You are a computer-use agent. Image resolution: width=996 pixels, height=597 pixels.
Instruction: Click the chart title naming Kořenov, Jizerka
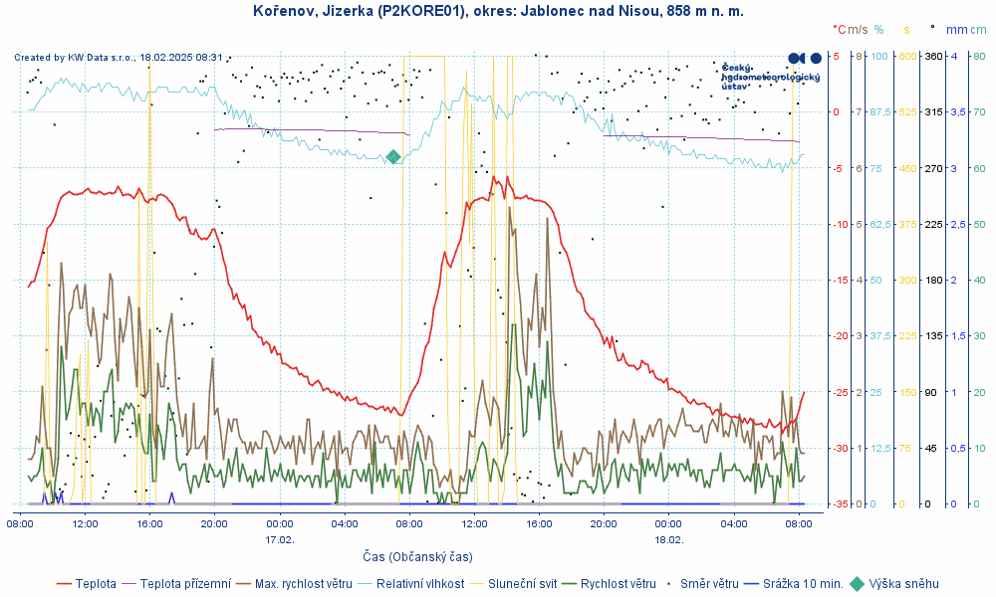498,11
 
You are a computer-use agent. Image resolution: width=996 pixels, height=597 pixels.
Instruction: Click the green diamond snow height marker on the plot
393,156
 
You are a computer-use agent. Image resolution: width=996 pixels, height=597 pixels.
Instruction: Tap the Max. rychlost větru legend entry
305,584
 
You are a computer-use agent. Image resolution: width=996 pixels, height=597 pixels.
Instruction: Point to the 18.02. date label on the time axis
668,539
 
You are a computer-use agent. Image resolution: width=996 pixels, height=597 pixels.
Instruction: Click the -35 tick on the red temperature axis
842,504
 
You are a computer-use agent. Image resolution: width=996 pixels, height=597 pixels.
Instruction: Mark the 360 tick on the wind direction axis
933,56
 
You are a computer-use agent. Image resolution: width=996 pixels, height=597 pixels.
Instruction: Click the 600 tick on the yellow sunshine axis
907,56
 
